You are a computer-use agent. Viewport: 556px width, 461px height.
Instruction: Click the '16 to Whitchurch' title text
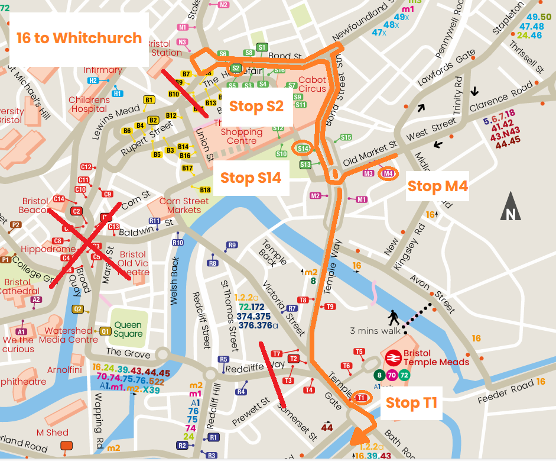click(x=79, y=38)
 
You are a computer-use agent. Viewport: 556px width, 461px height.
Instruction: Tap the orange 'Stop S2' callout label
click(x=256, y=107)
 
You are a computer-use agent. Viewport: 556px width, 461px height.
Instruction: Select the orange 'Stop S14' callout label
click(x=251, y=178)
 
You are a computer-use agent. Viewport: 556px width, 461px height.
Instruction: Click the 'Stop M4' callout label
click(x=438, y=186)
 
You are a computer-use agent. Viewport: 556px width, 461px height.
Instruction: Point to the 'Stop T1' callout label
click(x=411, y=403)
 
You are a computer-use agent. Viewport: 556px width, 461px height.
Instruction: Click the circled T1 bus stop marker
click(x=361, y=398)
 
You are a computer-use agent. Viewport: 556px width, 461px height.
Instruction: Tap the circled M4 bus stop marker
click(x=388, y=173)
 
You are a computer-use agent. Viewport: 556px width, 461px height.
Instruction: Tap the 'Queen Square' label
click(x=128, y=329)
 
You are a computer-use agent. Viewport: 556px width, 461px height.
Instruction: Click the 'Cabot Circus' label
click(x=312, y=84)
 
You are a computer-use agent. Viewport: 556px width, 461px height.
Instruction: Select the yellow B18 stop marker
click(x=205, y=190)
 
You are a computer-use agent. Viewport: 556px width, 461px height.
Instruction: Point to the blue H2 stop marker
click(x=93, y=80)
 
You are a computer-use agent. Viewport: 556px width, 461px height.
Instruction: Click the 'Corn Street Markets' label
click(x=184, y=205)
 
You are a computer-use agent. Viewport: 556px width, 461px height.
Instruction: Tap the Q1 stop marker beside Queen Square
click(x=105, y=331)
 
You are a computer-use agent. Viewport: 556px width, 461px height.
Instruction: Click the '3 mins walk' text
click(x=375, y=331)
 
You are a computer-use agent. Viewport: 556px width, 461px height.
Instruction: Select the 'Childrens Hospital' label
click(x=89, y=105)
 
